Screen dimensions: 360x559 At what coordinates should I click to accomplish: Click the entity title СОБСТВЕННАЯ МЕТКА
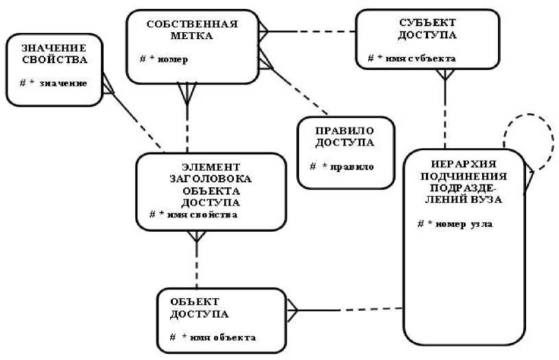tap(192, 29)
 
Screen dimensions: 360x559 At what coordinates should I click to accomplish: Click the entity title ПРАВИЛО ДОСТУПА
tap(345, 136)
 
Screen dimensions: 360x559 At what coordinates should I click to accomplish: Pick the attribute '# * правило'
tap(341, 167)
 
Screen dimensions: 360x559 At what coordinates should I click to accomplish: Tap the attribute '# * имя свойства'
tap(193, 215)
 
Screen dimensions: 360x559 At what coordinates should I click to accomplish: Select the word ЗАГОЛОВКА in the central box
tap(211, 180)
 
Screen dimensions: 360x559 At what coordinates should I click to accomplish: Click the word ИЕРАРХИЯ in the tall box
tap(464, 165)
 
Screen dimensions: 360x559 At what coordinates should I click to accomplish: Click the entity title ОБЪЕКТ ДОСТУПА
tap(200, 307)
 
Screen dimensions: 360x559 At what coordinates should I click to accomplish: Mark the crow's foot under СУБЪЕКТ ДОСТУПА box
tap(446, 75)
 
